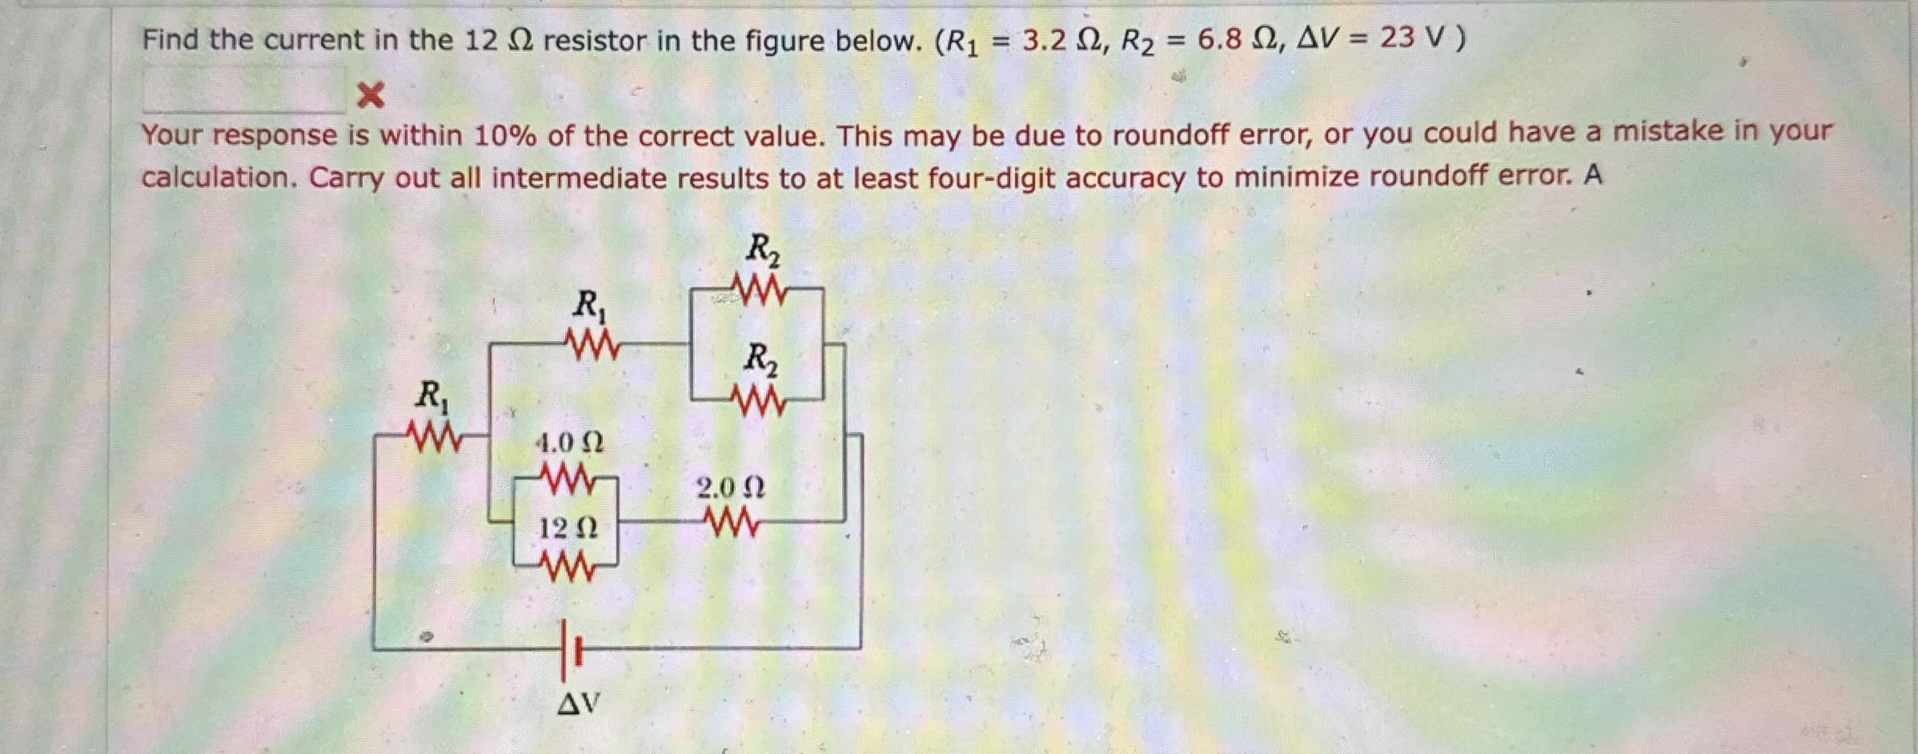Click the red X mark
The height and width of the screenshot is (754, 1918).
tap(370, 96)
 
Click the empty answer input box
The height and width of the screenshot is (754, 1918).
tap(244, 90)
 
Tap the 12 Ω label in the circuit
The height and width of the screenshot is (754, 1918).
tap(568, 528)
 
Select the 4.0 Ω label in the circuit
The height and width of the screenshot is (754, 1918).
tap(569, 442)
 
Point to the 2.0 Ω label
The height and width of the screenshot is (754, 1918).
tap(730, 487)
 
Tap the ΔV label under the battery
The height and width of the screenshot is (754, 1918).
tap(578, 704)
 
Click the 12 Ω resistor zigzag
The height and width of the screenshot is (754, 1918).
tap(568, 568)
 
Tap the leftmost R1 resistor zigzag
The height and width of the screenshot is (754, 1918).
tap(434, 436)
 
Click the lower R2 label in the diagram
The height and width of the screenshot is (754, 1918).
tap(760, 359)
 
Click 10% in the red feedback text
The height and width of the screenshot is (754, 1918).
tap(504, 136)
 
